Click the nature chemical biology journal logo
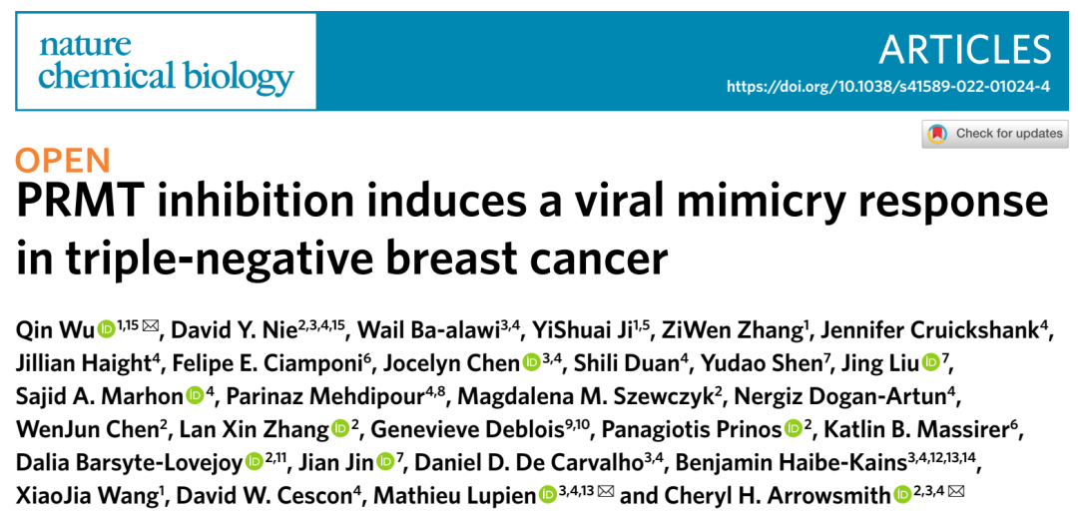[166, 61]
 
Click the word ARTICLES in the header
[965, 49]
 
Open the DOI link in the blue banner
[888, 87]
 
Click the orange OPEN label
[63, 160]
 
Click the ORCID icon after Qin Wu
[106, 327]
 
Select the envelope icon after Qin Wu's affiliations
[151, 325]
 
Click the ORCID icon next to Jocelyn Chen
[531, 362]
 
